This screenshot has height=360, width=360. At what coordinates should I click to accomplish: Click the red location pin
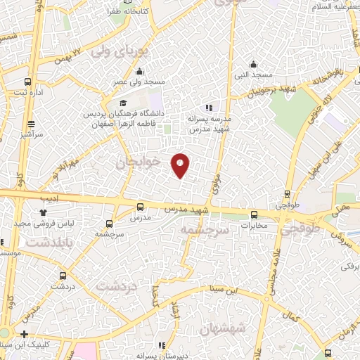tap(180, 165)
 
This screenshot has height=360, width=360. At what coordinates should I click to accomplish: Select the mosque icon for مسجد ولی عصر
tap(141, 71)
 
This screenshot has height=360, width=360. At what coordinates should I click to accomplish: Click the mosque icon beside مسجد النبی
tap(255, 63)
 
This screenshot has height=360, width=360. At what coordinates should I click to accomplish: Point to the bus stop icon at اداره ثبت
tap(27, 82)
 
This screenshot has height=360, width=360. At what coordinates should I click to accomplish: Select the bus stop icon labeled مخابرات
tap(255, 215)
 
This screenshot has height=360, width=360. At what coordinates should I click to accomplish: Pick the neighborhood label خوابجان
tap(139, 163)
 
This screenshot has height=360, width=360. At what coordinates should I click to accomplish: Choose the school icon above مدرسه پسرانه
tap(208, 108)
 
